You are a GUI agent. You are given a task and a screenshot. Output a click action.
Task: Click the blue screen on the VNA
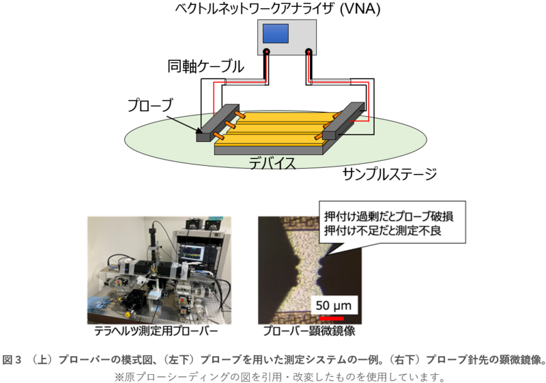[x=276, y=33]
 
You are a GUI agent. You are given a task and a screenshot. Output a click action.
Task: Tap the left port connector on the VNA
[x=266, y=52]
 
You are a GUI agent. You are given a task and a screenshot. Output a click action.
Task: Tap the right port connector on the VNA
[x=308, y=52]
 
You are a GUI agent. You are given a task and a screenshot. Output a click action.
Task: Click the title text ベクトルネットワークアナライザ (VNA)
[x=278, y=8]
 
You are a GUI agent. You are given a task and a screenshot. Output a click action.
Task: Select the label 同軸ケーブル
[x=205, y=66]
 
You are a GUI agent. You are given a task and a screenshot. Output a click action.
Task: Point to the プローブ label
[x=150, y=106]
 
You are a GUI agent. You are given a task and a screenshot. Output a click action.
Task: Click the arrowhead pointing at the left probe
[x=199, y=130]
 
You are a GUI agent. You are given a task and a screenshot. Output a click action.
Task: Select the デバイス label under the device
[x=272, y=163]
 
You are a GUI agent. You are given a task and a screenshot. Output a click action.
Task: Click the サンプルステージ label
[x=390, y=174]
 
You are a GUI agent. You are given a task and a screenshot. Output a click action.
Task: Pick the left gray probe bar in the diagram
[x=218, y=122]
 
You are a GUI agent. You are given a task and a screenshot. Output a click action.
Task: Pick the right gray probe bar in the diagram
[x=344, y=120]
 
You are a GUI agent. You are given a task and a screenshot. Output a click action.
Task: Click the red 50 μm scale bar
[x=332, y=318]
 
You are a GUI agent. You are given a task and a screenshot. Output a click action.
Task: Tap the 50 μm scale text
[x=334, y=305]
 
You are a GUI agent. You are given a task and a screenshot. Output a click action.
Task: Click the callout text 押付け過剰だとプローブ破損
[x=389, y=216]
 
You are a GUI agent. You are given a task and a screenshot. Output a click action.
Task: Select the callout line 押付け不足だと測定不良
[x=383, y=230]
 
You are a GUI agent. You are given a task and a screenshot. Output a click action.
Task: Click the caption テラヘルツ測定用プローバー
[x=156, y=330]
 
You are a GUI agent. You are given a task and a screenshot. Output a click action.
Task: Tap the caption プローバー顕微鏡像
[x=309, y=330]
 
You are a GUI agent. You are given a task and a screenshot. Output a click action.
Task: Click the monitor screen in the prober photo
[x=192, y=253]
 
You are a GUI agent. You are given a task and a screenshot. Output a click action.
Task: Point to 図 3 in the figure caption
[x=12, y=360]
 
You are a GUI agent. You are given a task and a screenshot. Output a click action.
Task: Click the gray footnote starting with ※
[x=279, y=377]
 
